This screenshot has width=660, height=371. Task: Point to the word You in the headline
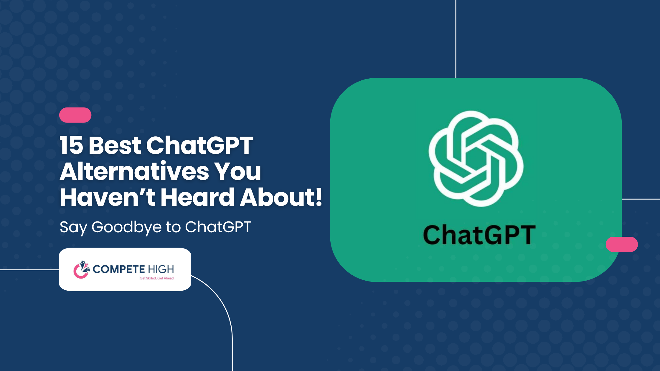tap(237, 171)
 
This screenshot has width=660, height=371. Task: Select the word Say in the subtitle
tap(74, 228)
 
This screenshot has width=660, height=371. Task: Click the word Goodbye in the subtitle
tap(127, 228)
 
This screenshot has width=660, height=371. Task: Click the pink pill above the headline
tap(75, 115)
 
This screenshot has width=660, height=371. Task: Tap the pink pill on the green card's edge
tap(622, 244)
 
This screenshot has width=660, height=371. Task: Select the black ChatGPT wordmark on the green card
tap(479, 235)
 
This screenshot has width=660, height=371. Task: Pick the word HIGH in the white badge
tap(161, 269)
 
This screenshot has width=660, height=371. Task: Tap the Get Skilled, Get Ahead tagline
tap(156, 278)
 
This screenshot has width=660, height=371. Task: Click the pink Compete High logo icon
tap(81, 269)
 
